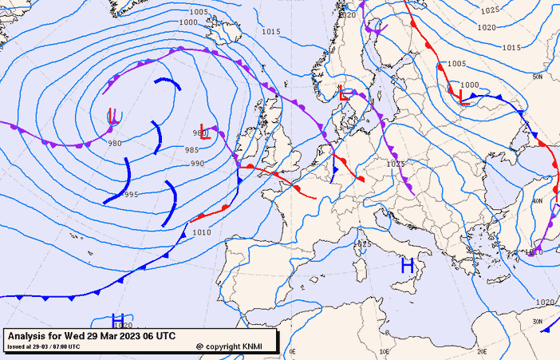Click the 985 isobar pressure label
[x=192, y=150]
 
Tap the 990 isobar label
[x=197, y=164]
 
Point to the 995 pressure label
[x=131, y=195]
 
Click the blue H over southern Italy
[x=407, y=266]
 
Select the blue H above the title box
[x=118, y=320]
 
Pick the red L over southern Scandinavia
[x=344, y=93]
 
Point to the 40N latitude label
[x=537, y=201]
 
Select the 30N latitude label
[x=537, y=322]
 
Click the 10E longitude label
[x=386, y=351]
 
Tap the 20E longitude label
[x=482, y=351]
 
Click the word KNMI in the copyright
[x=252, y=346]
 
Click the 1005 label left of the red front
[x=456, y=64]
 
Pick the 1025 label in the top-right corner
[x=490, y=10]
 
